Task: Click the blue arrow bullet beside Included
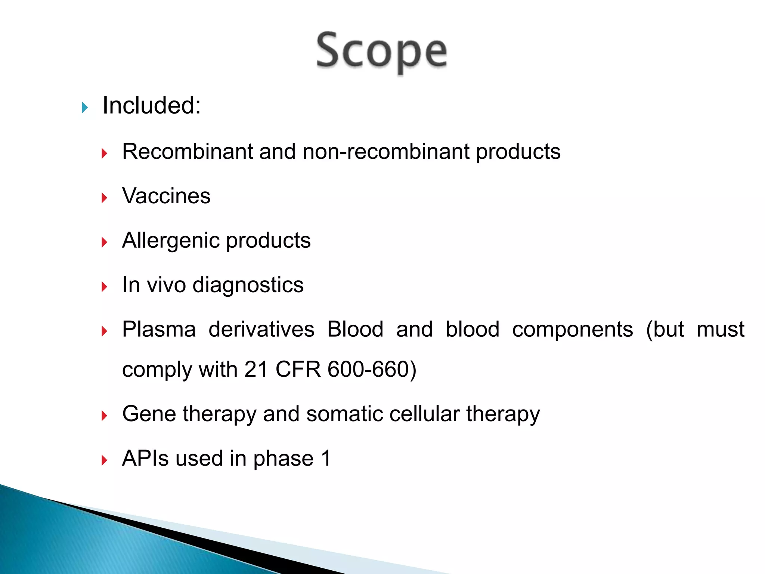click(x=85, y=108)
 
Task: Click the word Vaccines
click(x=166, y=196)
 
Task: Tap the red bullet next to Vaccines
click(x=104, y=198)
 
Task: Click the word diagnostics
click(x=248, y=285)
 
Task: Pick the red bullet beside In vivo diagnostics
click(x=104, y=287)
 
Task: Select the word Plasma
click(x=159, y=329)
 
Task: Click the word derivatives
click(x=261, y=329)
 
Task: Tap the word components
click(x=572, y=329)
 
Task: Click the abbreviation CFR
click(x=298, y=370)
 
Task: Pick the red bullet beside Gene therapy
click(x=104, y=416)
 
